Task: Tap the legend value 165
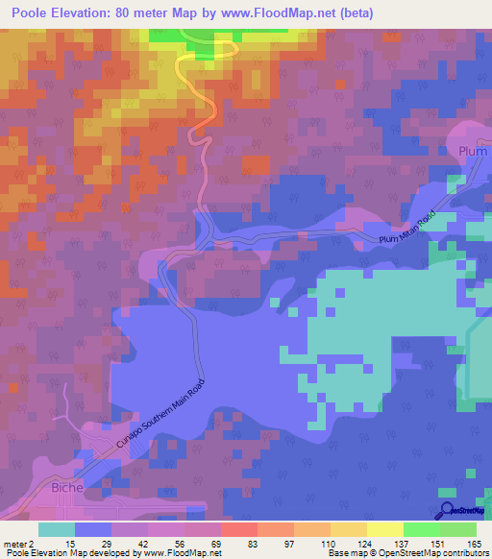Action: point(473,544)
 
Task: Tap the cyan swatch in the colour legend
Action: point(57,529)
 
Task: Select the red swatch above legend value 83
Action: point(238,529)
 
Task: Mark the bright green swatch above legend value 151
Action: point(421,529)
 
